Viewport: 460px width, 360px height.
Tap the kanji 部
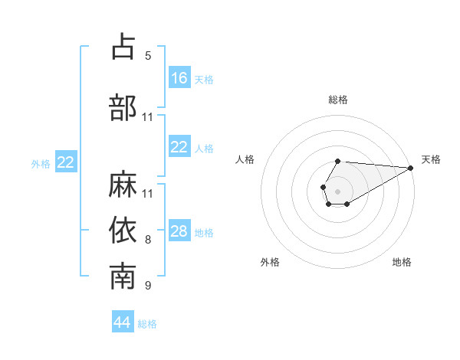pyautogui.click(x=123, y=108)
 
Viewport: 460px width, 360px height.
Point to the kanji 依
pyautogui.click(x=123, y=230)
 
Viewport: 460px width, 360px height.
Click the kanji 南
pyautogui.click(x=123, y=277)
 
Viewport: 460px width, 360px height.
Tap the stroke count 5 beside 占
pyautogui.click(x=148, y=55)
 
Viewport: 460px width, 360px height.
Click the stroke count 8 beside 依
pyautogui.click(x=148, y=240)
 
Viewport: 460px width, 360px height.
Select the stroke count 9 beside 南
pyautogui.click(x=148, y=286)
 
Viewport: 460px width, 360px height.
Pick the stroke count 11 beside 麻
pyautogui.click(x=148, y=193)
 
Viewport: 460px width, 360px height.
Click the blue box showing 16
pyautogui.click(x=179, y=77)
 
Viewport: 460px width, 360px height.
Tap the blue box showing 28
pyautogui.click(x=179, y=231)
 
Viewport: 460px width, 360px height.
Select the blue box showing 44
pyautogui.click(x=123, y=322)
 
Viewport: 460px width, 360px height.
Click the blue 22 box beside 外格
pyautogui.click(x=66, y=162)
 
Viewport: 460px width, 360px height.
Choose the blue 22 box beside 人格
pyautogui.click(x=179, y=147)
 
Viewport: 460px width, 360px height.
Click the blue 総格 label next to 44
pyautogui.click(x=147, y=324)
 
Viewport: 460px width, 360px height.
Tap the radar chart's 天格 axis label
pyautogui.click(x=431, y=159)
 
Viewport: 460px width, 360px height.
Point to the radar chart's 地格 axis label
pyautogui.click(x=402, y=262)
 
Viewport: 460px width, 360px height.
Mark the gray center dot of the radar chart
pyautogui.click(x=337, y=190)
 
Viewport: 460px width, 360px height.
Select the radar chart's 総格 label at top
pyautogui.click(x=338, y=100)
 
